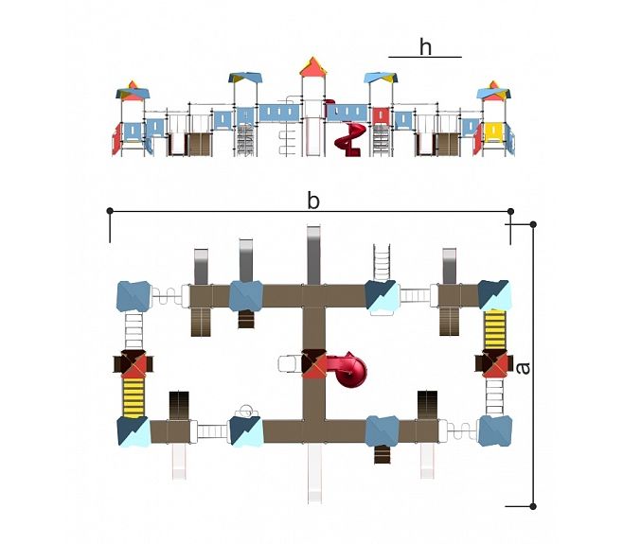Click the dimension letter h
[x=425, y=47]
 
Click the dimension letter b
[x=313, y=201]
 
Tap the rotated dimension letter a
[x=524, y=368]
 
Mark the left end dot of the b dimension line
[x=110, y=211]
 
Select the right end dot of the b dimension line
[x=510, y=211]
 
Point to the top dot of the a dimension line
[x=533, y=225]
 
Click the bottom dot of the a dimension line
[x=533, y=506]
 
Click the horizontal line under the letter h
[x=425, y=57]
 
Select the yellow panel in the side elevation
[x=494, y=132]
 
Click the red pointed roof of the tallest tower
[x=313, y=67]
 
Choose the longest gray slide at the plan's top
[x=313, y=255]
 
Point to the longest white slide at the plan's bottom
[x=314, y=473]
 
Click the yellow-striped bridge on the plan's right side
[x=494, y=329]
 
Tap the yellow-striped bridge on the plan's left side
[x=133, y=397]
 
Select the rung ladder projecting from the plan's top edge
[x=382, y=262]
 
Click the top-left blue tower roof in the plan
[x=133, y=296]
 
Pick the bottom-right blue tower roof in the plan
[x=494, y=430]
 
